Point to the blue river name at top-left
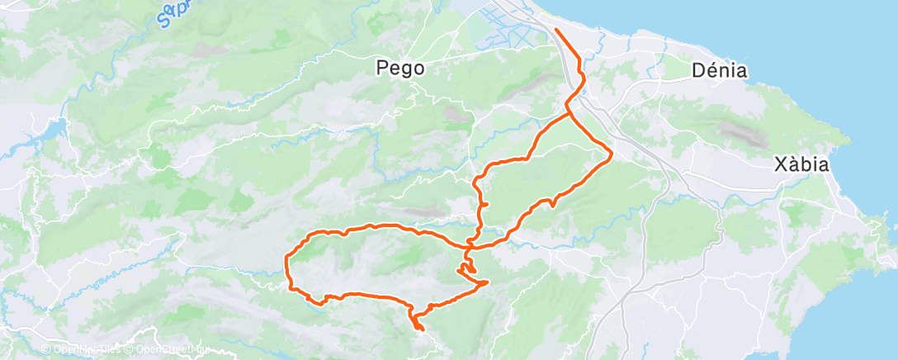coord(177,12)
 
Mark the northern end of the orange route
coord(556,30)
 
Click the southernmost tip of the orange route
coord(421,330)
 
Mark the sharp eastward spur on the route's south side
coord(487,282)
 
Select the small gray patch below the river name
coord(201,50)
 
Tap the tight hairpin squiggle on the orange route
coord(466,268)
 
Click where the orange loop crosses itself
coord(469,245)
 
